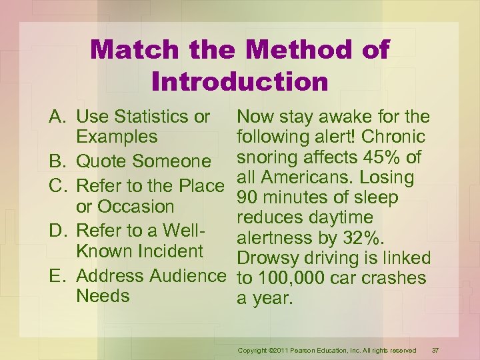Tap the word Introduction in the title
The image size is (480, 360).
point(240,81)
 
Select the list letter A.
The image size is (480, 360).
point(58,117)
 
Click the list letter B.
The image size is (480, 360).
point(58,162)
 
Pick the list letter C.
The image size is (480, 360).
point(58,185)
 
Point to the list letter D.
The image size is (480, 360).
point(58,231)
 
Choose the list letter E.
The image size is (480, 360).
point(58,275)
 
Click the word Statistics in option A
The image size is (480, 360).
point(155,117)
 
